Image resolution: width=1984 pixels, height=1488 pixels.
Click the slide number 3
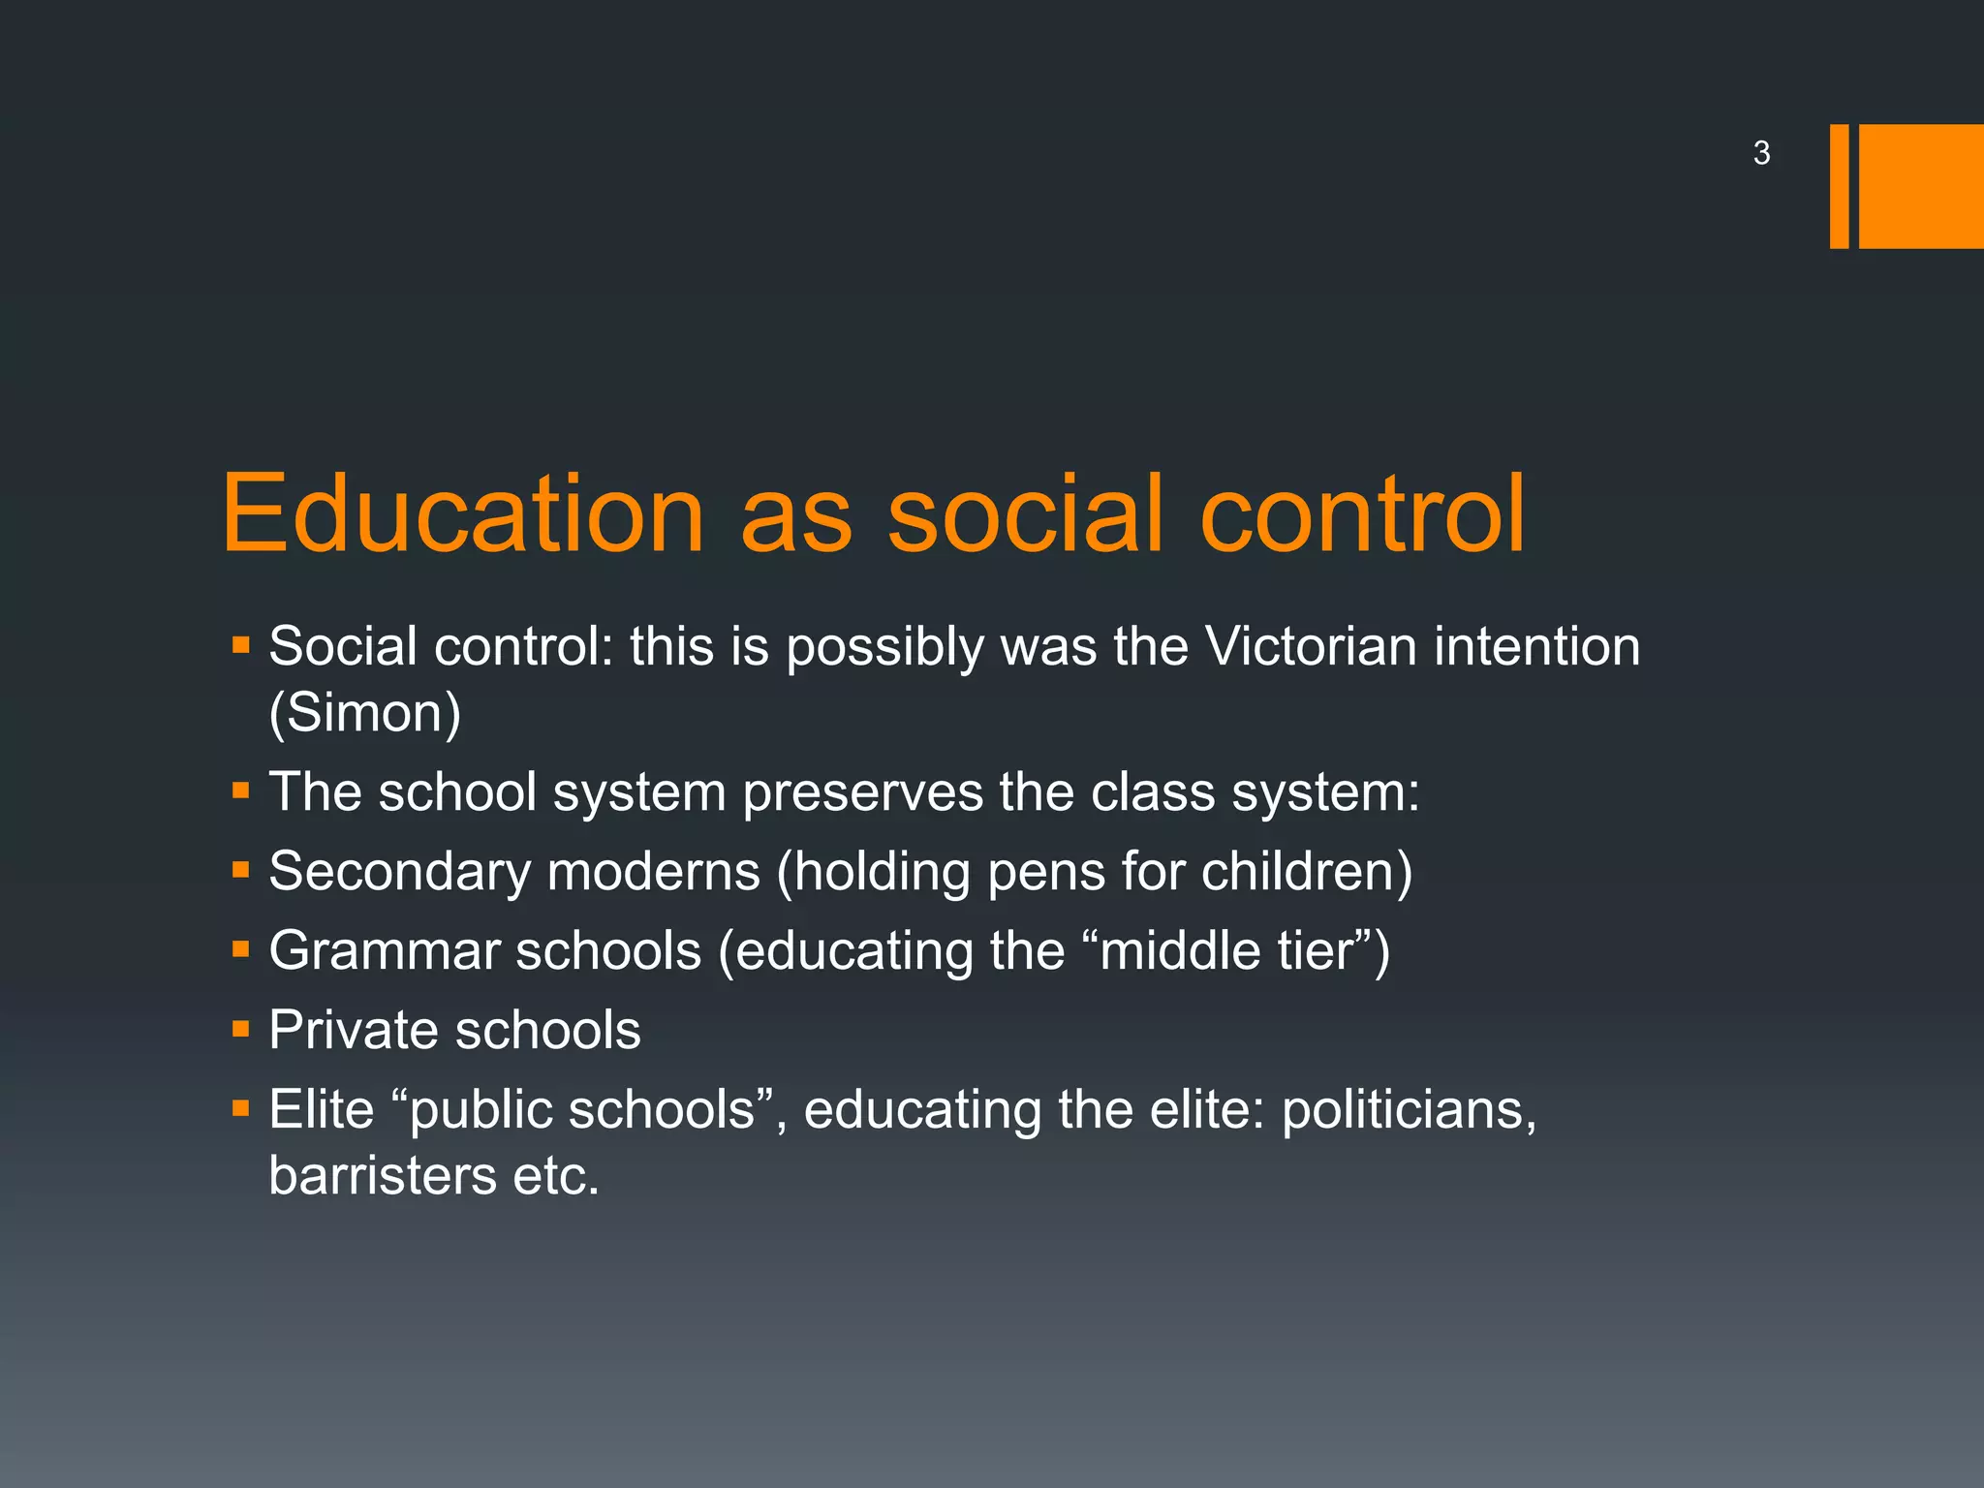[x=1761, y=153]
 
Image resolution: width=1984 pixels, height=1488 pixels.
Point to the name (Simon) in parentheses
[x=365, y=713]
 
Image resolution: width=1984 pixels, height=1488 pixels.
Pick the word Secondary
[x=400, y=871]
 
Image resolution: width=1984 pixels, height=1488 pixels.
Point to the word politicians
[x=1409, y=1110]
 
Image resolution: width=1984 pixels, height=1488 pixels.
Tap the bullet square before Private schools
[x=241, y=1029]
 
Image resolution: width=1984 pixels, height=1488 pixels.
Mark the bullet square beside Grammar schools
[x=241, y=949]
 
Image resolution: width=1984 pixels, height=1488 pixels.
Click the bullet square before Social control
[x=241, y=644]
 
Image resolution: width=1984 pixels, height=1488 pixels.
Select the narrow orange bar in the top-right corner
[x=1839, y=186]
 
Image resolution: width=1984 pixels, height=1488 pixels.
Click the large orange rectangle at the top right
[x=1921, y=186]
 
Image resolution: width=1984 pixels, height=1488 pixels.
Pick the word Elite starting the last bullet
[x=322, y=1109]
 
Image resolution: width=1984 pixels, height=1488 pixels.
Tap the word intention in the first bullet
[x=1537, y=646]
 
